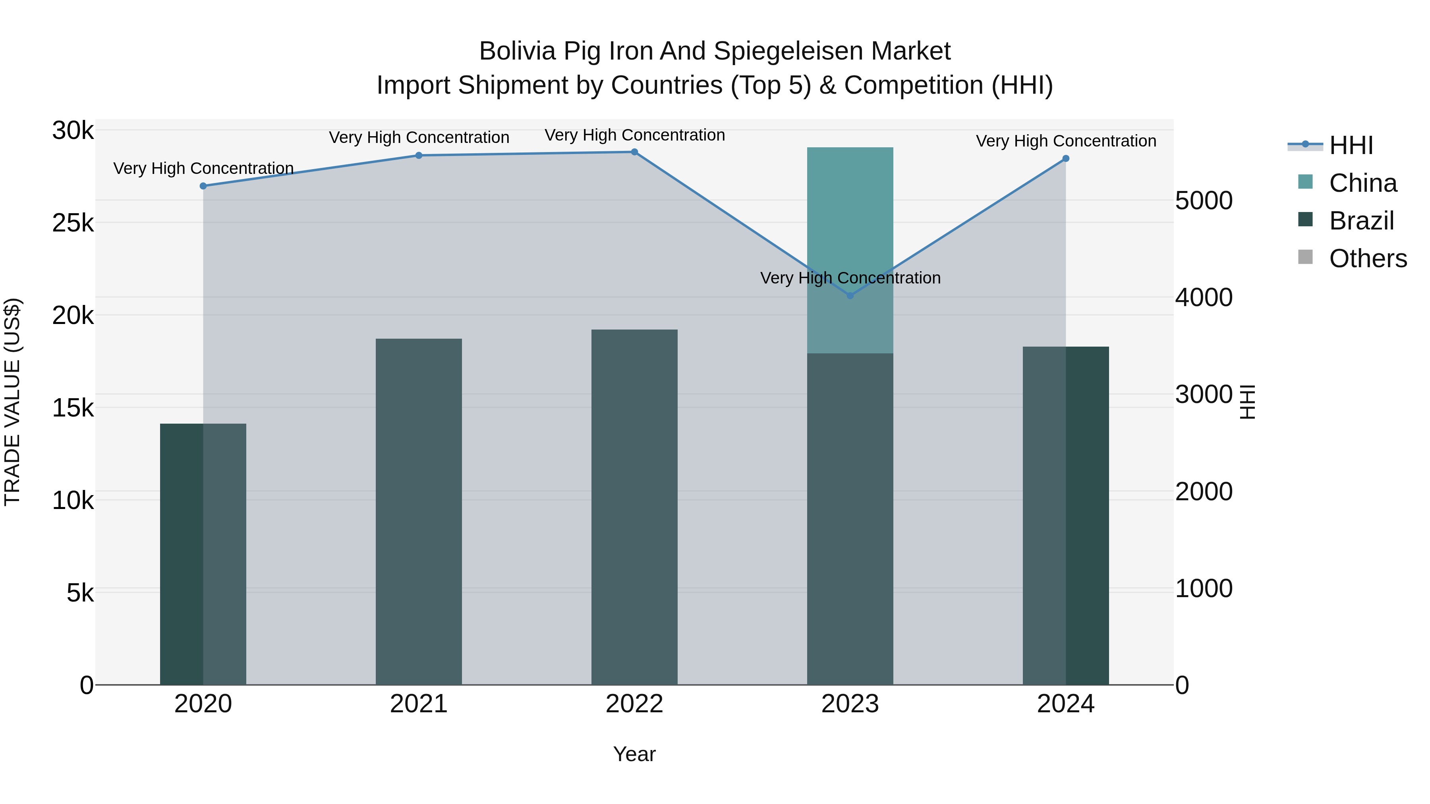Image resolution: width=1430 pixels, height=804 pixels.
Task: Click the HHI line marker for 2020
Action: tap(203, 186)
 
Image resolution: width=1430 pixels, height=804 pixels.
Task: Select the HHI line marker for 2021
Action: tap(419, 155)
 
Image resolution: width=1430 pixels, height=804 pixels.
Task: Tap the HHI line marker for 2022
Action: tap(634, 152)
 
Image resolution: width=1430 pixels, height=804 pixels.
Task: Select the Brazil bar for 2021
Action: tap(419, 511)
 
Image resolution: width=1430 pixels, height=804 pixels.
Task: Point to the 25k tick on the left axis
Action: tap(73, 223)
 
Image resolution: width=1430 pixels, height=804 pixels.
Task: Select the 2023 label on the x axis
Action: tap(850, 704)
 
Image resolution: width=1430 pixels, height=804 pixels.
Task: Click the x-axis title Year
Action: tap(634, 754)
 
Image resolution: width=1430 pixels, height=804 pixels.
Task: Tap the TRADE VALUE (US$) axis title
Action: tap(12, 402)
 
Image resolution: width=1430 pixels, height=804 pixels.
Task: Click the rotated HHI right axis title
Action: tap(1247, 402)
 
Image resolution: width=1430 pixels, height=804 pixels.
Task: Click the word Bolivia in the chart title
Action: tap(517, 51)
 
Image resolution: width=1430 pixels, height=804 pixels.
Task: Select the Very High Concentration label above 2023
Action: tap(850, 278)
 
